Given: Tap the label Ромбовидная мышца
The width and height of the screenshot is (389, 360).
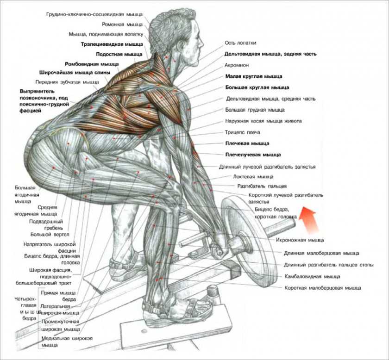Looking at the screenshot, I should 91,63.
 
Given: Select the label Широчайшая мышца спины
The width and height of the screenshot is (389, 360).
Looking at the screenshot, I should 75,73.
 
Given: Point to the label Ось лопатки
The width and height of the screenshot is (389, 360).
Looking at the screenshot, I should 240,42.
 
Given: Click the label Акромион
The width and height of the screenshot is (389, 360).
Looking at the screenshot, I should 238,65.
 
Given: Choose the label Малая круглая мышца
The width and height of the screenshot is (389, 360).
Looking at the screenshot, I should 253,76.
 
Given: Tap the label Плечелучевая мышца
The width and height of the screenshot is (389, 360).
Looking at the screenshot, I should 253,155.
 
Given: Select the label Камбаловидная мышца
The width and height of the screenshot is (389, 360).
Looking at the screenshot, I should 312,276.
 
